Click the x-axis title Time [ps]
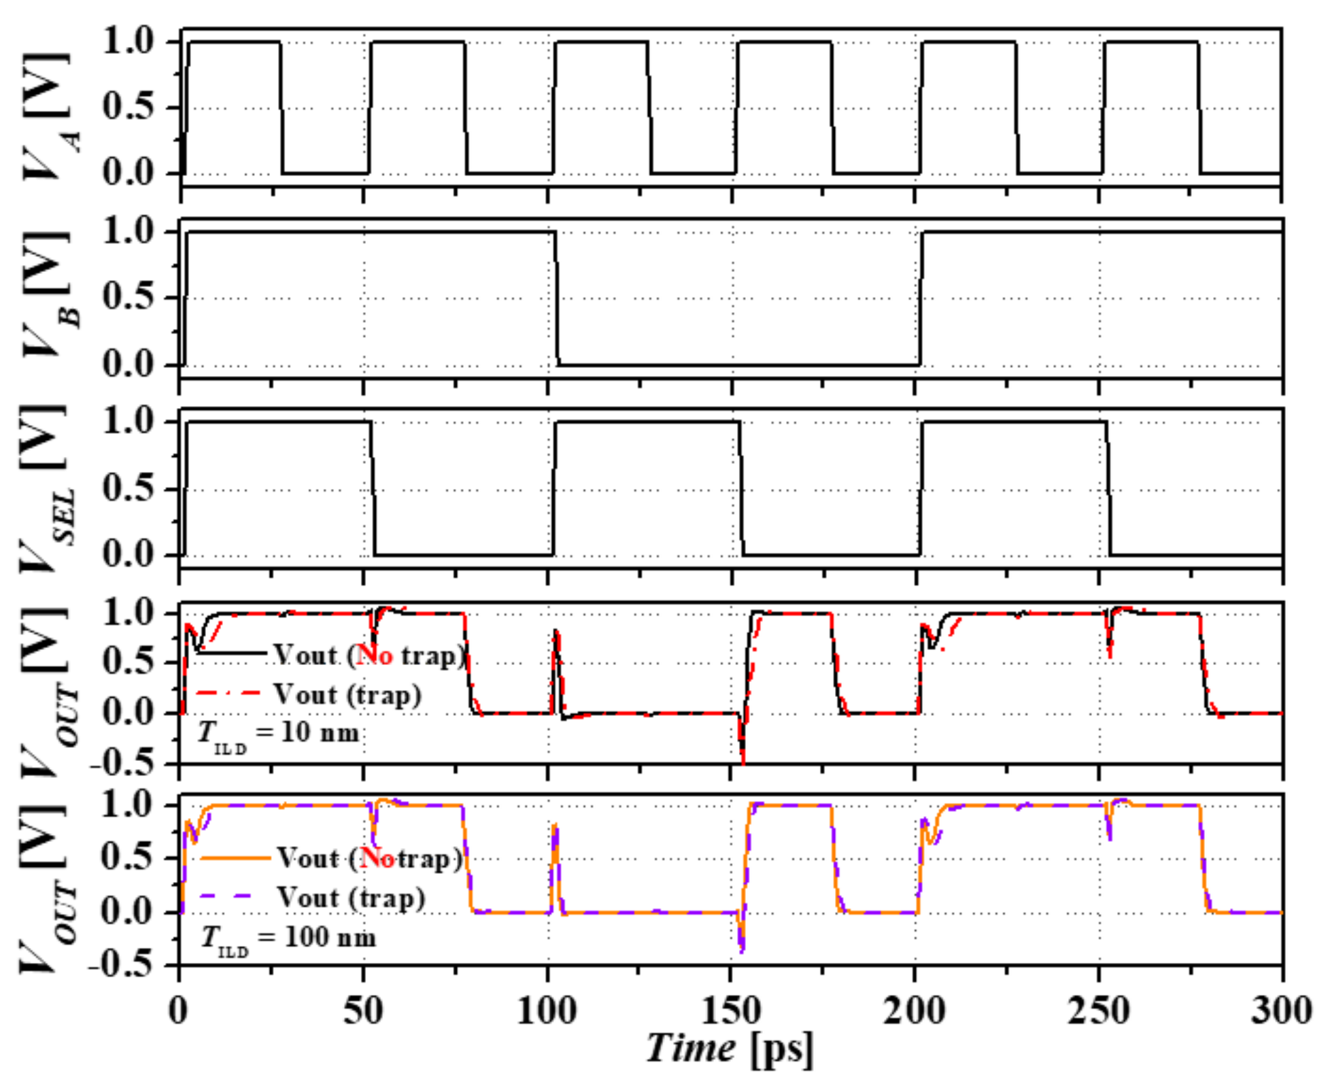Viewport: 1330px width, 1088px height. tap(729, 1048)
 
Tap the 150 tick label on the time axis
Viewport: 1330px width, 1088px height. tap(731, 1010)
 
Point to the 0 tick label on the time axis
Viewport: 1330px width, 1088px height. tap(179, 1010)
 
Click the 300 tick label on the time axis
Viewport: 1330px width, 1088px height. tap(1282, 1010)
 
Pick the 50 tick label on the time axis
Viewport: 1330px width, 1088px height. tap(363, 1010)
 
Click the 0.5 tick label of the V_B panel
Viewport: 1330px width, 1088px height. tap(130, 297)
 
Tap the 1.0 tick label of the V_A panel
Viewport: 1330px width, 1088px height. tap(130, 42)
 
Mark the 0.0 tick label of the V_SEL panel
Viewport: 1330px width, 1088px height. tap(130, 556)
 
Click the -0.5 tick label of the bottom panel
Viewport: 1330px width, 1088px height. tap(124, 966)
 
